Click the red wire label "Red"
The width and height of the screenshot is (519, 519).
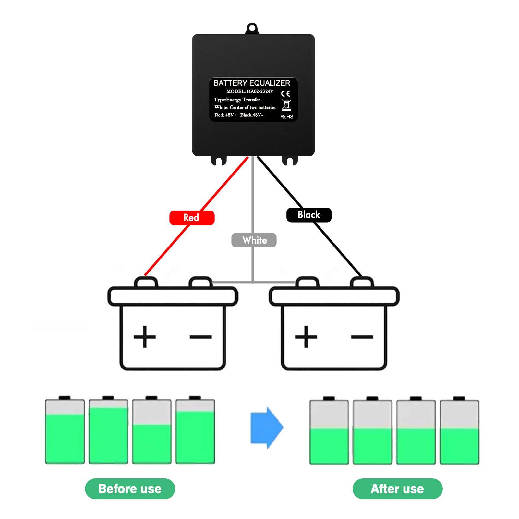click(192, 218)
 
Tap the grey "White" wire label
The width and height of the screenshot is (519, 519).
click(254, 240)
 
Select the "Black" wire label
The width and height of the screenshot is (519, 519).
click(309, 215)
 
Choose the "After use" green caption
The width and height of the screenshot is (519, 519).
click(397, 489)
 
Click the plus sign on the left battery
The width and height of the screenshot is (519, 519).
click(145, 337)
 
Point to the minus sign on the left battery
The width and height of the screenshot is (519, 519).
click(201, 337)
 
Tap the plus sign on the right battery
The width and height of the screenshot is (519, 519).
click(306, 337)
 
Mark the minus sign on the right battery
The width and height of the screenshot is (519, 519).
click(362, 337)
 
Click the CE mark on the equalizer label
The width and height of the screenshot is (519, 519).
click(285, 94)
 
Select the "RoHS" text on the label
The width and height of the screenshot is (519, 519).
click(287, 117)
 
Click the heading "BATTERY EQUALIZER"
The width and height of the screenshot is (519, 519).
click(252, 83)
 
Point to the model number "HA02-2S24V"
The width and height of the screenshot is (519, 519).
click(260, 91)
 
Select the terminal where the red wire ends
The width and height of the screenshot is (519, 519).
click(146, 282)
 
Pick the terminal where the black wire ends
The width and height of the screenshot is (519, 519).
click(362, 282)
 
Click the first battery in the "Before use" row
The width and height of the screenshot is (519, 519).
click(65, 430)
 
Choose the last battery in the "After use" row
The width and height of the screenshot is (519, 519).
click(459, 430)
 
